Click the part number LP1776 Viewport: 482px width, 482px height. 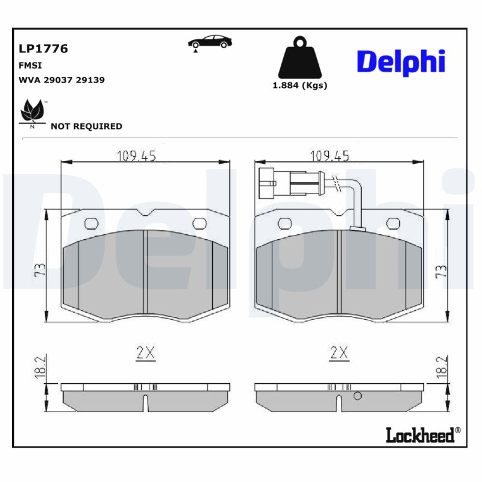[43, 49]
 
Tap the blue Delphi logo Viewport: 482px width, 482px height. [401, 62]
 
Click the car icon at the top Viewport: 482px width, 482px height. [208, 42]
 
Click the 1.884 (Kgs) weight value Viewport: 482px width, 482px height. [300, 86]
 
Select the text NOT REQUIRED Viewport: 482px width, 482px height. [86, 127]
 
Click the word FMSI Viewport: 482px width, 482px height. [30, 64]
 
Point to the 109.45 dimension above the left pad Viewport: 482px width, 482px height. [136, 156]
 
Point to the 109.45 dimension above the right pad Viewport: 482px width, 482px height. [330, 156]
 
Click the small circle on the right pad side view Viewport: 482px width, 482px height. [357, 396]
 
